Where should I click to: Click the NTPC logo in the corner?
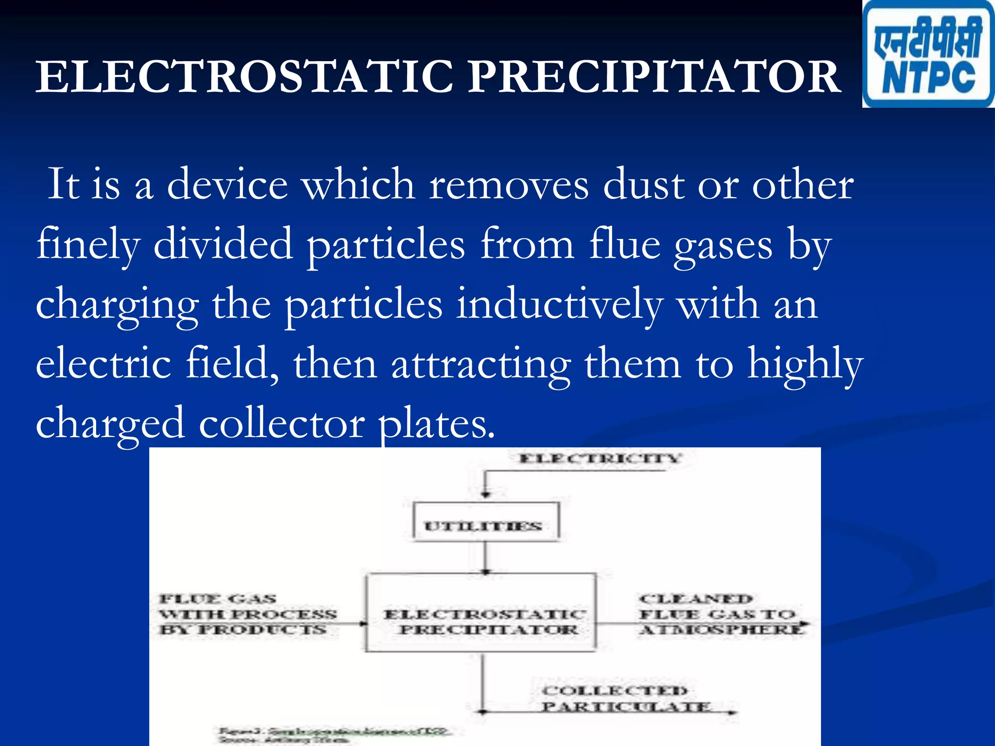point(928,54)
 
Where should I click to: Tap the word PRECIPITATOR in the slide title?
point(654,78)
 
